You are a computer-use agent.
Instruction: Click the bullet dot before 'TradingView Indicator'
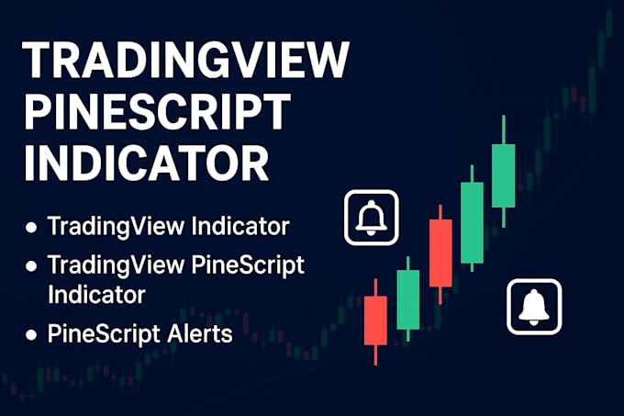[32, 227]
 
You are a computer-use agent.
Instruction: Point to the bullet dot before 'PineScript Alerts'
[32, 335]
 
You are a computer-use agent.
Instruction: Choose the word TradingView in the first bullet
[110, 226]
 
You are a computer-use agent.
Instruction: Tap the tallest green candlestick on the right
[503, 174]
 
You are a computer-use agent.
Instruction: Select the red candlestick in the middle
[440, 253]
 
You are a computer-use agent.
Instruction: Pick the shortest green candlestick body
[408, 298]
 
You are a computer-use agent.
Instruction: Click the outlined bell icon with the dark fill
[371, 219]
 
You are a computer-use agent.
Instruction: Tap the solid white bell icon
[534, 308]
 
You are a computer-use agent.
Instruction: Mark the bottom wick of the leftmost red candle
[375, 354]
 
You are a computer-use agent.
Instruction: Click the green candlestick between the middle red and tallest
[472, 222]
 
